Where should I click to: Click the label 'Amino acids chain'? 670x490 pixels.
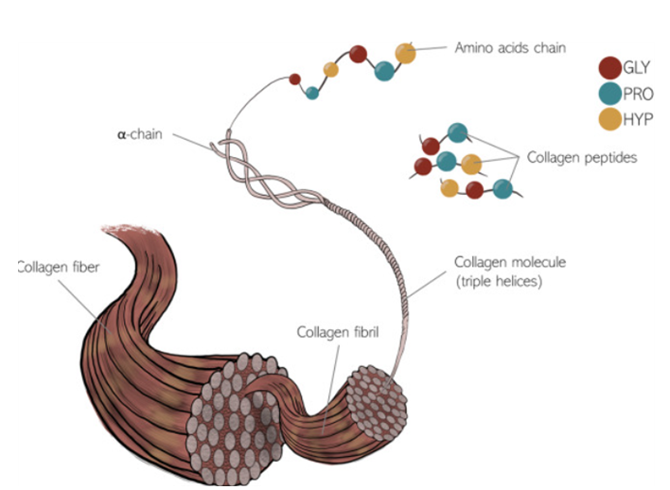point(509,46)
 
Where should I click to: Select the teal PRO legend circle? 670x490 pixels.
point(610,94)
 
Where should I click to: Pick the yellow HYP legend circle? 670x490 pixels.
point(610,118)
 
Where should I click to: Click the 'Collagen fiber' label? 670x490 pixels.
point(59,268)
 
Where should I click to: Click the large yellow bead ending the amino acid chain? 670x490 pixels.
point(405,53)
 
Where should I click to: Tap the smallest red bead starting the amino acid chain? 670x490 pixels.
point(294,79)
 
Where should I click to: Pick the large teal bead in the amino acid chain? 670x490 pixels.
point(384,71)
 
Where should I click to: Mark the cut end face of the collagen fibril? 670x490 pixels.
point(376,402)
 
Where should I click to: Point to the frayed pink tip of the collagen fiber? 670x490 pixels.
point(123,229)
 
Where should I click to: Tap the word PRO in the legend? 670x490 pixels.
point(640,94)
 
